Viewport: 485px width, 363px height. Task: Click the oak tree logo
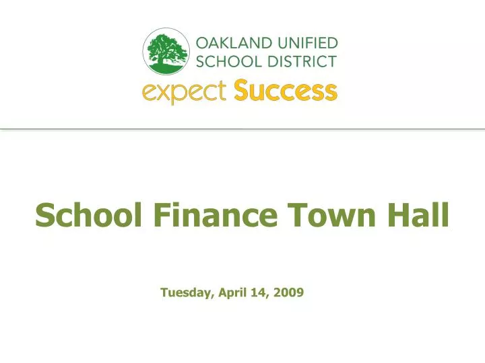(168, 52)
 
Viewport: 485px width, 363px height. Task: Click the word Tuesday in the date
(187, 292)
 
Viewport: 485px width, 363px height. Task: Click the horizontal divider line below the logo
(243, 128)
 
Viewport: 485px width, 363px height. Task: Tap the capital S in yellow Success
(242, 91)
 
